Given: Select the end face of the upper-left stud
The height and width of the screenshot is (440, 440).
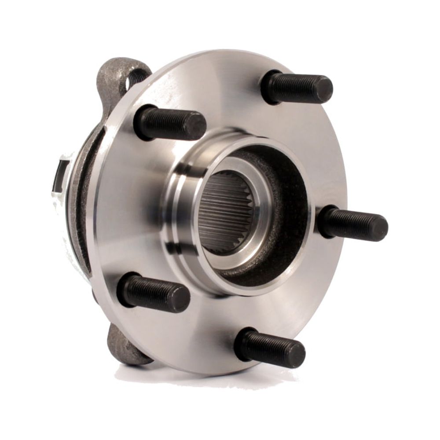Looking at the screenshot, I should [x=196, y=125].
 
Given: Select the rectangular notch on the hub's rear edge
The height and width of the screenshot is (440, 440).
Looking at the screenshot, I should [x=59, y=176].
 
